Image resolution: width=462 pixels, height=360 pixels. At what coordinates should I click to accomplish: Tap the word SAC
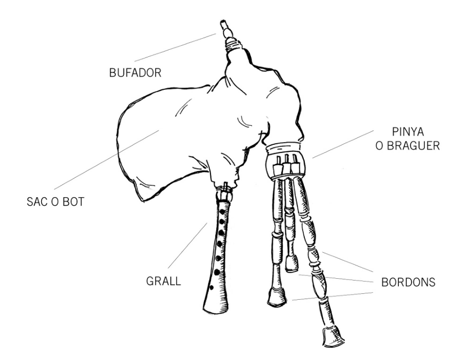[38, 204]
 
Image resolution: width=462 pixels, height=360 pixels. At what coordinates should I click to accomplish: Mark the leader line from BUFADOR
[174, 47]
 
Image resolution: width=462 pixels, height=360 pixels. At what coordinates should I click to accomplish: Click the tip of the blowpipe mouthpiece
[222, 24]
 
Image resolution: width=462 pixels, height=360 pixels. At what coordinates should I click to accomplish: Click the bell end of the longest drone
[332, 336]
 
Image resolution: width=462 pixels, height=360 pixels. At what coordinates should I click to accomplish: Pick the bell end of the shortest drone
[292, 263]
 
